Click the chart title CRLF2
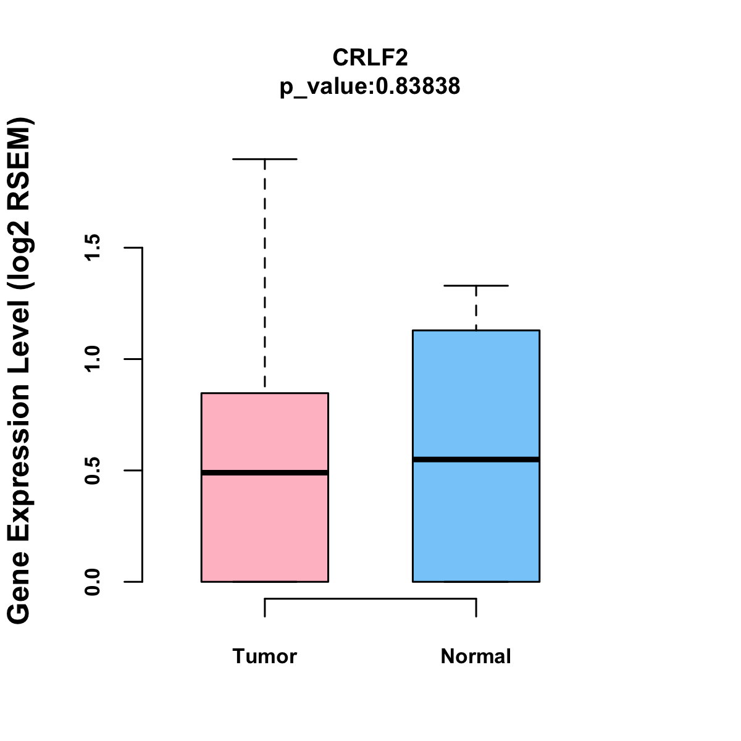370,57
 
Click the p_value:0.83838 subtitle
370,86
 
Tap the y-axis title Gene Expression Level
20,371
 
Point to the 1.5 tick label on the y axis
93,248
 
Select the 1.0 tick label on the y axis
93,359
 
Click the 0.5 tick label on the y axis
93,471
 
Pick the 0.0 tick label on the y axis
93,582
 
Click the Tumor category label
264,656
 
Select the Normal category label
475,656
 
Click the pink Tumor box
264,525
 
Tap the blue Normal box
476,395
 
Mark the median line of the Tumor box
264,472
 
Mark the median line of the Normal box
476,459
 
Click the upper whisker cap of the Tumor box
264,159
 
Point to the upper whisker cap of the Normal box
476,286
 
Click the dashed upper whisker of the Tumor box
265,278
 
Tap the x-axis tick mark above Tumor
265,608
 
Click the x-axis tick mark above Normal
476,608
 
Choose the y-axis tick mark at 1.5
134,248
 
